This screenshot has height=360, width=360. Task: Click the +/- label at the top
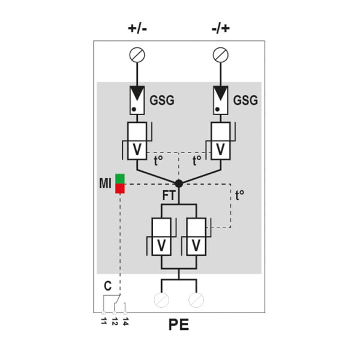[137, 28]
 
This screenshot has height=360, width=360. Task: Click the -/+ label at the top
[221, 28]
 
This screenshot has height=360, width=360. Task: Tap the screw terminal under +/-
[137, 55]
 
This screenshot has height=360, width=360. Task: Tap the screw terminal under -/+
[221, 55]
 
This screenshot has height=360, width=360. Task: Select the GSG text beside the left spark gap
[162, 100]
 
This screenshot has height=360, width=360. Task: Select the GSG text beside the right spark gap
[245, 100]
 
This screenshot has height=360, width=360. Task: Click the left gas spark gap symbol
[137, 100]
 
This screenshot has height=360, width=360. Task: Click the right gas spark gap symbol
[221, 100]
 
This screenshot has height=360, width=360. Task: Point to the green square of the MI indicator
[120, 179]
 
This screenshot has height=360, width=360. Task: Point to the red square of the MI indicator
[120, 188]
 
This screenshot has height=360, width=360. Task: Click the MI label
[105, 183]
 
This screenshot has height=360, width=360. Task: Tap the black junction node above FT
[179, 184]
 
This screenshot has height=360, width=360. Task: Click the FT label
[169, 196]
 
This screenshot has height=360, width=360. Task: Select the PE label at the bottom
[179, 325]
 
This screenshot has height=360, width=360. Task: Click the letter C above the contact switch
[107, 286]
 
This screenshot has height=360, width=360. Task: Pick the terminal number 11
[104, 321]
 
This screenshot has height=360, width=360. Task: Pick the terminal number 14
[125, 322]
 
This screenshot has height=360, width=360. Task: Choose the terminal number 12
[115, 322]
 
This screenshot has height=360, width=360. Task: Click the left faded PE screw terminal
[161, 300]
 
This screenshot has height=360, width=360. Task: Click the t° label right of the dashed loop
[239, 196]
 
